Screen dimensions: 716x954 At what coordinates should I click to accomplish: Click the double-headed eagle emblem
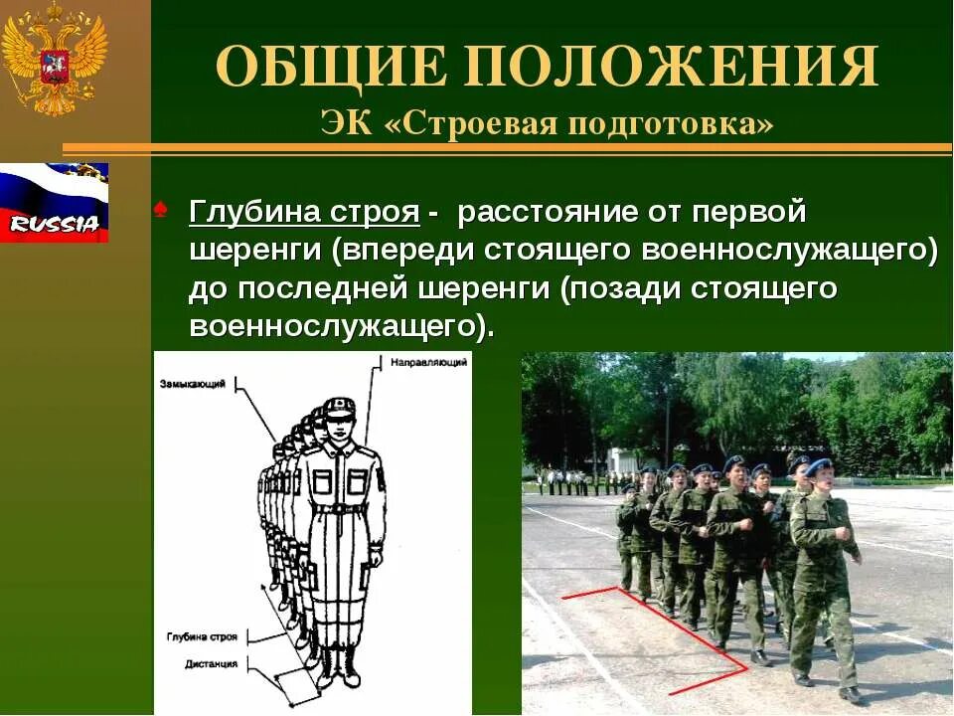(x=54, y=60)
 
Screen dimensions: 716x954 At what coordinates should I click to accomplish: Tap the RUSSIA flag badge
(x=54, y=204)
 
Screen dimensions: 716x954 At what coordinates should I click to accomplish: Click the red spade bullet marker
(x=162, y=209)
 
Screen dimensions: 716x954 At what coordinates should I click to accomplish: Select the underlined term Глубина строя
(x=304, y=213)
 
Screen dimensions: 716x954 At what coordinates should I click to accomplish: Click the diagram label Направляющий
(x=428, y=362)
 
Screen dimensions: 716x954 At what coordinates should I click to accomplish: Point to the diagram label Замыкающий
(x=192, y=383)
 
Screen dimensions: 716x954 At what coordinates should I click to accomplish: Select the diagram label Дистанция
(x=212, y=663)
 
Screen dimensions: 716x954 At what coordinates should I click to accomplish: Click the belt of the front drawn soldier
(x=339, y=508)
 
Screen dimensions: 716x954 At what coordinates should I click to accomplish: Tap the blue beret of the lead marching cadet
(x=818, y=465)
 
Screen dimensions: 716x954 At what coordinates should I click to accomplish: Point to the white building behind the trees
(x=622, y=459)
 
